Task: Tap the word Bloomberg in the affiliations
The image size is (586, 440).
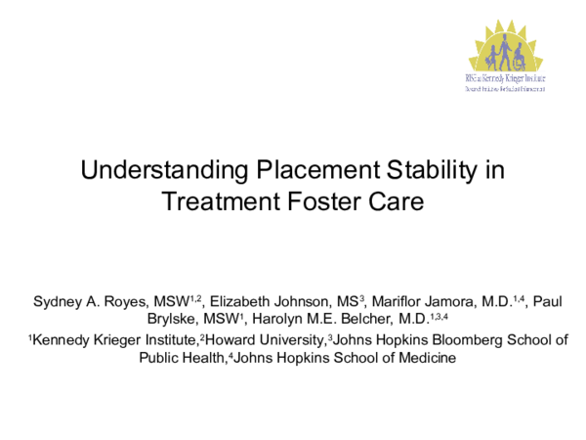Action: tap(453, 340)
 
